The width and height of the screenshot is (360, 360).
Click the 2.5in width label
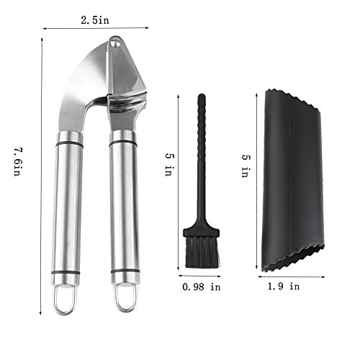[x=95, y=20]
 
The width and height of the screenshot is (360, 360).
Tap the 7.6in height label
[x=18, y=162]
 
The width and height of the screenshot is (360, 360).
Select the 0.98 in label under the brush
[x=202, y=287]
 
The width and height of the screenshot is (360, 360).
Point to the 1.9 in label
[x=284, y=286]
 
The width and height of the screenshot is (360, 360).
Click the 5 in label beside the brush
[x=169, y=165]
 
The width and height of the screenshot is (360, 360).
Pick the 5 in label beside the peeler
[x=246, y=166]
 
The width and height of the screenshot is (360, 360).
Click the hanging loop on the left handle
[x=64, y=300]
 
